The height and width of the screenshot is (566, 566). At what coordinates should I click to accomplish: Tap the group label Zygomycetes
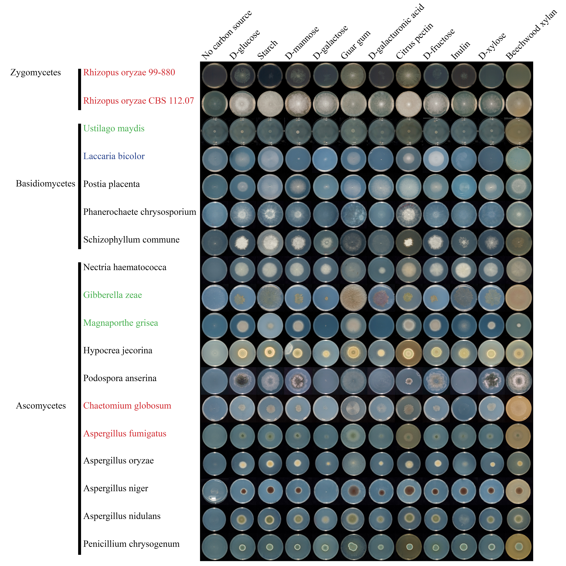pos(36,73)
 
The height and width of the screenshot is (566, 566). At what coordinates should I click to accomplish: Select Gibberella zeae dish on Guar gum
pos(353,297)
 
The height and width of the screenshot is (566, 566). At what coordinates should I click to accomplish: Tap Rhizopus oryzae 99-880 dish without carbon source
pos(215,76)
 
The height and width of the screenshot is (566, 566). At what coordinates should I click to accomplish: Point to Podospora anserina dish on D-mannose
pos(298,381)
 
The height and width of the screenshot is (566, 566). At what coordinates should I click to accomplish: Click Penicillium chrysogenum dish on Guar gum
pos(353,547)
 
